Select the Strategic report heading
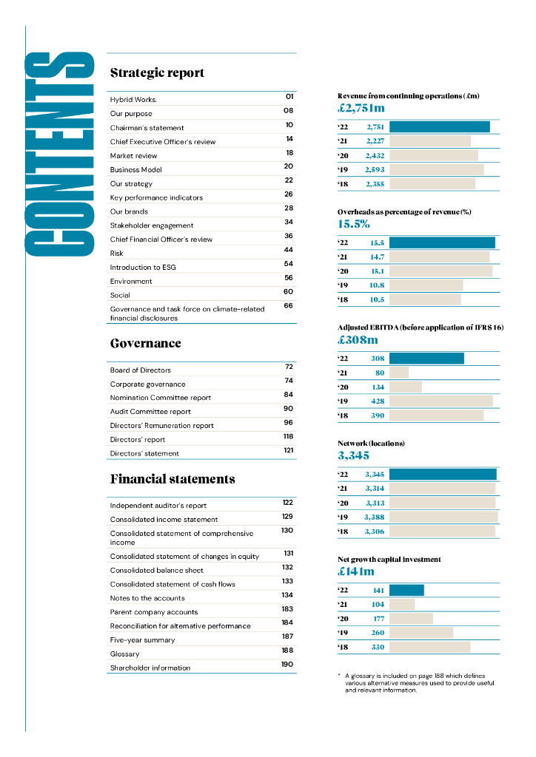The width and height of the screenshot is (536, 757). [157, 73]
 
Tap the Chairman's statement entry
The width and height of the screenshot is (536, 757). [147, 128]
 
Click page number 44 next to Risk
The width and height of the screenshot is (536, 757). [289, 250]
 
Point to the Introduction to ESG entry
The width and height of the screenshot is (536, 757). [143, 267]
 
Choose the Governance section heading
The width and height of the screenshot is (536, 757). [145, 343]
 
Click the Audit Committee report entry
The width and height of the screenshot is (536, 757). [150, 411]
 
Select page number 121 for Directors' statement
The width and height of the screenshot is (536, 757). [289, 450]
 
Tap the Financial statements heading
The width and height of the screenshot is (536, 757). [172, 479]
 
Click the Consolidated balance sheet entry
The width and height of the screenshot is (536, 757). [156, 570]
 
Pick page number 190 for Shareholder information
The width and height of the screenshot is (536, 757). [287, 665]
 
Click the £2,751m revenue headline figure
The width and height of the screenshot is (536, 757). [361, 109]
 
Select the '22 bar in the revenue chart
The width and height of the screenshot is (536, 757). [439, 127]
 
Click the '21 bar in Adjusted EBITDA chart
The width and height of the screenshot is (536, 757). [399, 373]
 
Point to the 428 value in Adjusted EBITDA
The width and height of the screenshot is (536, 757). [378, 401]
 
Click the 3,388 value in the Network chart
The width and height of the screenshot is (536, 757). [375, 517]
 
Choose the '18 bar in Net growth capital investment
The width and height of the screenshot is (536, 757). [429, 647]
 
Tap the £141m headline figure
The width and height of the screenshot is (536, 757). [356, 571]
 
